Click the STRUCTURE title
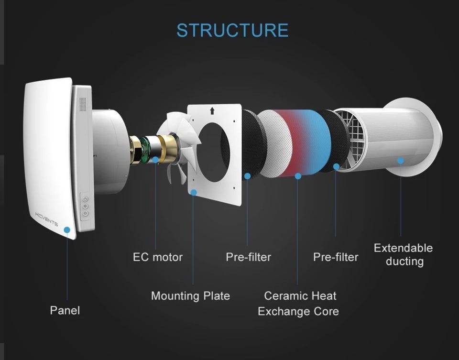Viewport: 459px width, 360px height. (232, 30)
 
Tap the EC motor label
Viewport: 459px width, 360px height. (158, 257)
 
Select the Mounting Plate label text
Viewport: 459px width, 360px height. (190, 296)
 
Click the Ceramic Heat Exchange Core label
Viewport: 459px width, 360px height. (298, 304)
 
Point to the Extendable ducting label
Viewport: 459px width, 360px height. (403, 254)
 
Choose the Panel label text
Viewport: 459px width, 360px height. (65, 310)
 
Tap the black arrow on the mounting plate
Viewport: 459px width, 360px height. (212, 111)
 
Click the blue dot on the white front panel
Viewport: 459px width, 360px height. (67, 230)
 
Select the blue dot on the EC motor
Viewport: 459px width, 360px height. (156, 159)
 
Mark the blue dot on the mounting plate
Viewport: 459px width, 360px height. (193, 192)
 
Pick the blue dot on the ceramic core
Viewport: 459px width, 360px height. (298, 176)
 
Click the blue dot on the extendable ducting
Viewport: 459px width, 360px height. (400, 161)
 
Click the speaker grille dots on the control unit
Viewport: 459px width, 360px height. (83, 104)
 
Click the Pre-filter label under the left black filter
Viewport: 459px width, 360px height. (248, 257)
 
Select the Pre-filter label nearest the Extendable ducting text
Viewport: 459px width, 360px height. (336, 257)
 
